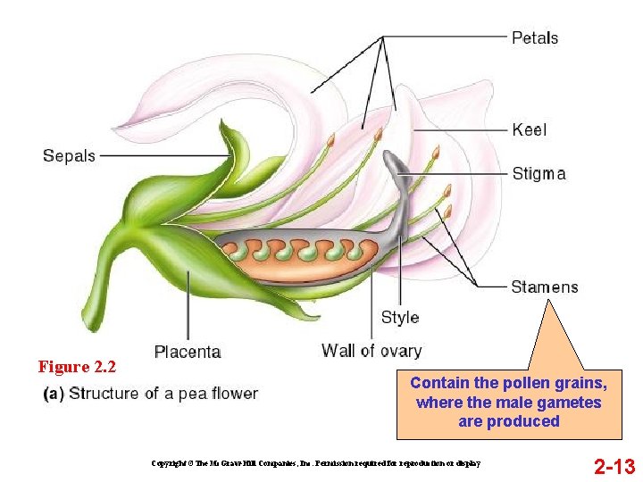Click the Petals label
535,37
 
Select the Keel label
530,129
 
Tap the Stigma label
539,173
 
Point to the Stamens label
544,287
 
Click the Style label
399,317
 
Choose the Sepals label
69,156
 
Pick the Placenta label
188,352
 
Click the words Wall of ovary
372,351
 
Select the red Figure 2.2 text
77,367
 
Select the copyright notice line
317,463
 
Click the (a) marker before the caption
54,394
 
